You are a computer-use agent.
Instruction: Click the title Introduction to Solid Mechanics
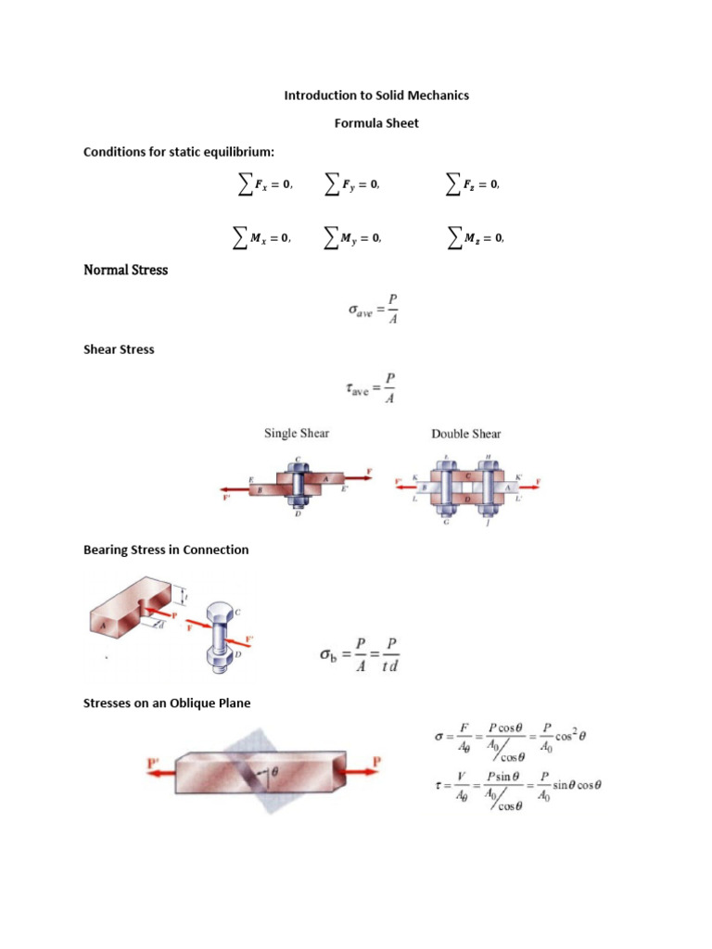(375, 95)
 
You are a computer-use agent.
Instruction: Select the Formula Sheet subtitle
(375, 123)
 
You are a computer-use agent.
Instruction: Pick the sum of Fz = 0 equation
(473, 185)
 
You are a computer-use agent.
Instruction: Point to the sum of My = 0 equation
(351, 238)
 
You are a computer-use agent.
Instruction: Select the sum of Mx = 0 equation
(261, 238)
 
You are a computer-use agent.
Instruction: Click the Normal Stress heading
(125, 271)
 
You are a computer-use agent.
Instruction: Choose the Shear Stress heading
(119, 349)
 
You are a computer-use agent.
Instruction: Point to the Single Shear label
(297, 433)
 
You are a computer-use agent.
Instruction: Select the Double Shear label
(465, 434)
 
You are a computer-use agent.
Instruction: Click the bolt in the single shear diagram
(299, 481)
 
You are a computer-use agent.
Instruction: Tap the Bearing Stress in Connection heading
(166, 550)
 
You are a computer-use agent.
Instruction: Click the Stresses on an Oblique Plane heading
(167, 703)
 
